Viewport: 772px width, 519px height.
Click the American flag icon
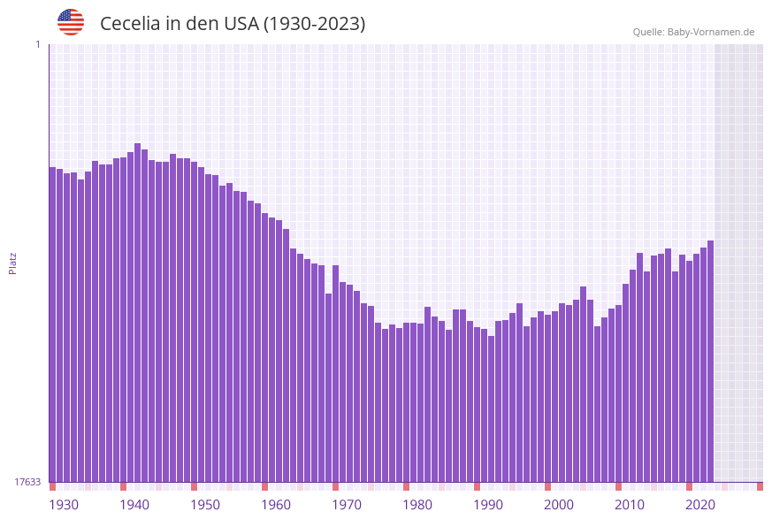71,22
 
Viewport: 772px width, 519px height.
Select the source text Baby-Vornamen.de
710,32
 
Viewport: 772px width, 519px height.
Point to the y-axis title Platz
13,263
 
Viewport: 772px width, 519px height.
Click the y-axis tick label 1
37,44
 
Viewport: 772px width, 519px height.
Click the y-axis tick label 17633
27,482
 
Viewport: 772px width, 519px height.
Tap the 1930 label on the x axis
63,505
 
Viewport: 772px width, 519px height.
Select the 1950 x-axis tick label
204,505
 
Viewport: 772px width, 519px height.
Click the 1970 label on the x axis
347,505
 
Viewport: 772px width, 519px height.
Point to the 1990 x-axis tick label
488,505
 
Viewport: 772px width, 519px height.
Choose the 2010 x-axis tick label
630,505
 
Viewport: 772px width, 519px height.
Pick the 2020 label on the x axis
700,505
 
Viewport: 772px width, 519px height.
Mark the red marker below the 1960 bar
264,486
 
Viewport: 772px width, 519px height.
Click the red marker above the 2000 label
547,486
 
